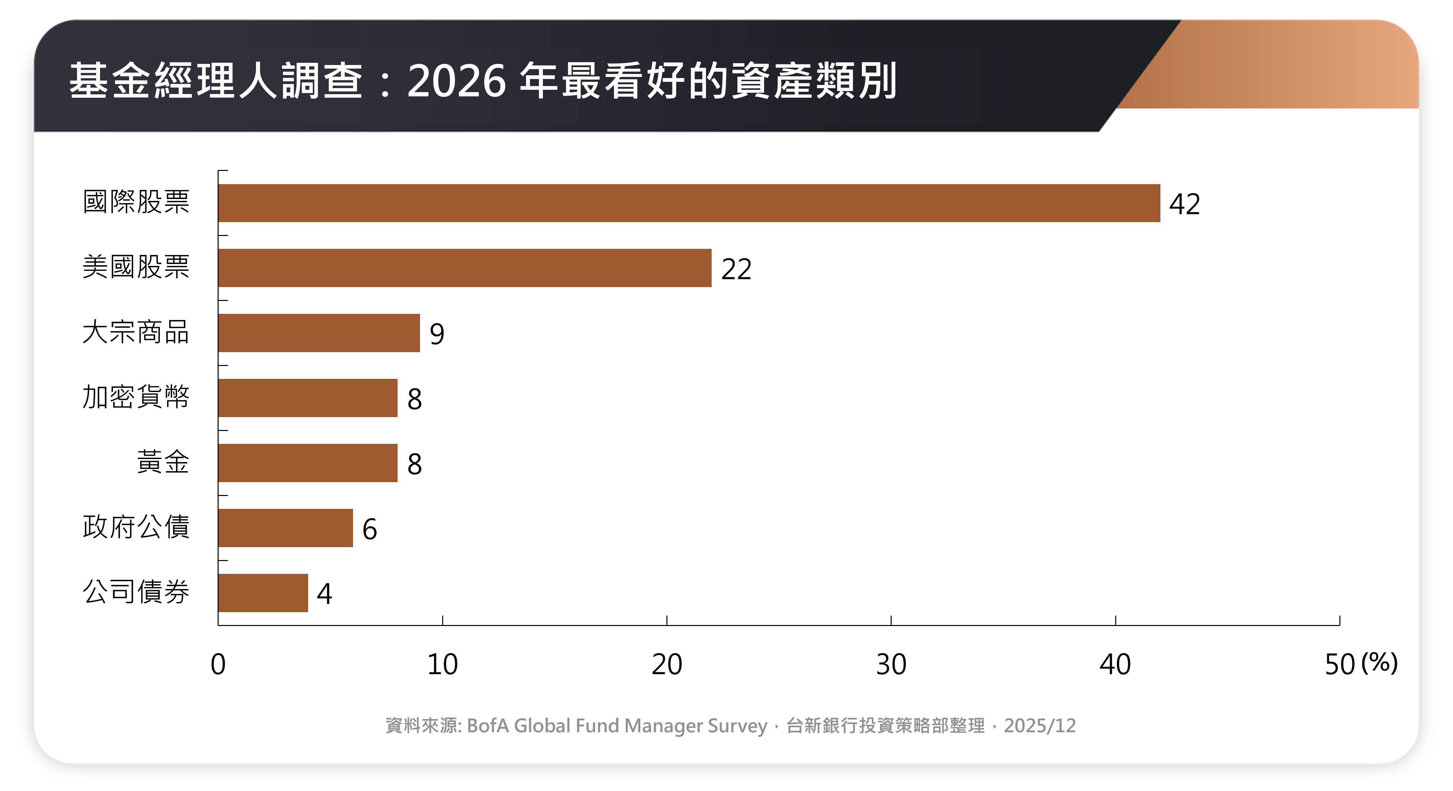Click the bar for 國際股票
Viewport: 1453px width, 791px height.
[689, 203]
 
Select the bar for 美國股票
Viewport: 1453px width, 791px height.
[465, 268]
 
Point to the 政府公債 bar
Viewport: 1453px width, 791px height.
[285, 528]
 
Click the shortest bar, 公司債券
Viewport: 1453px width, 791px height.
[263, 593]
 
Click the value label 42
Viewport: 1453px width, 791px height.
[1185, 204]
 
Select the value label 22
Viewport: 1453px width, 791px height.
[736, 269]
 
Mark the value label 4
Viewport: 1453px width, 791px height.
[324, 594]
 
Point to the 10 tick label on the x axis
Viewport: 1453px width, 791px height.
[442, 664]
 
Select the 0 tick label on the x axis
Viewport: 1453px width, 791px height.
[218, 664]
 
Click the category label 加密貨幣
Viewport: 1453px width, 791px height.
[136, 397]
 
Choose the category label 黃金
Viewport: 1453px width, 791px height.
[163, 462]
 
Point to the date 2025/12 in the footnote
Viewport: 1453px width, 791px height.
[1040, 726]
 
